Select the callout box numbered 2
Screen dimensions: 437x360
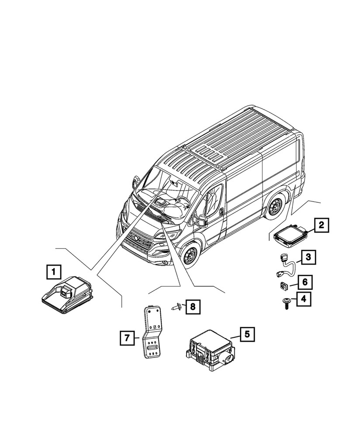(x=321, y=225)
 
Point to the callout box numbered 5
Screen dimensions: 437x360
(x=246, y=335)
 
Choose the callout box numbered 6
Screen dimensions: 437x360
(x=305, y=282)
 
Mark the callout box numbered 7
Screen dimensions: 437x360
(x=126, y=338)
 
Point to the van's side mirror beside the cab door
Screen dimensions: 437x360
(x=202, y=219)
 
